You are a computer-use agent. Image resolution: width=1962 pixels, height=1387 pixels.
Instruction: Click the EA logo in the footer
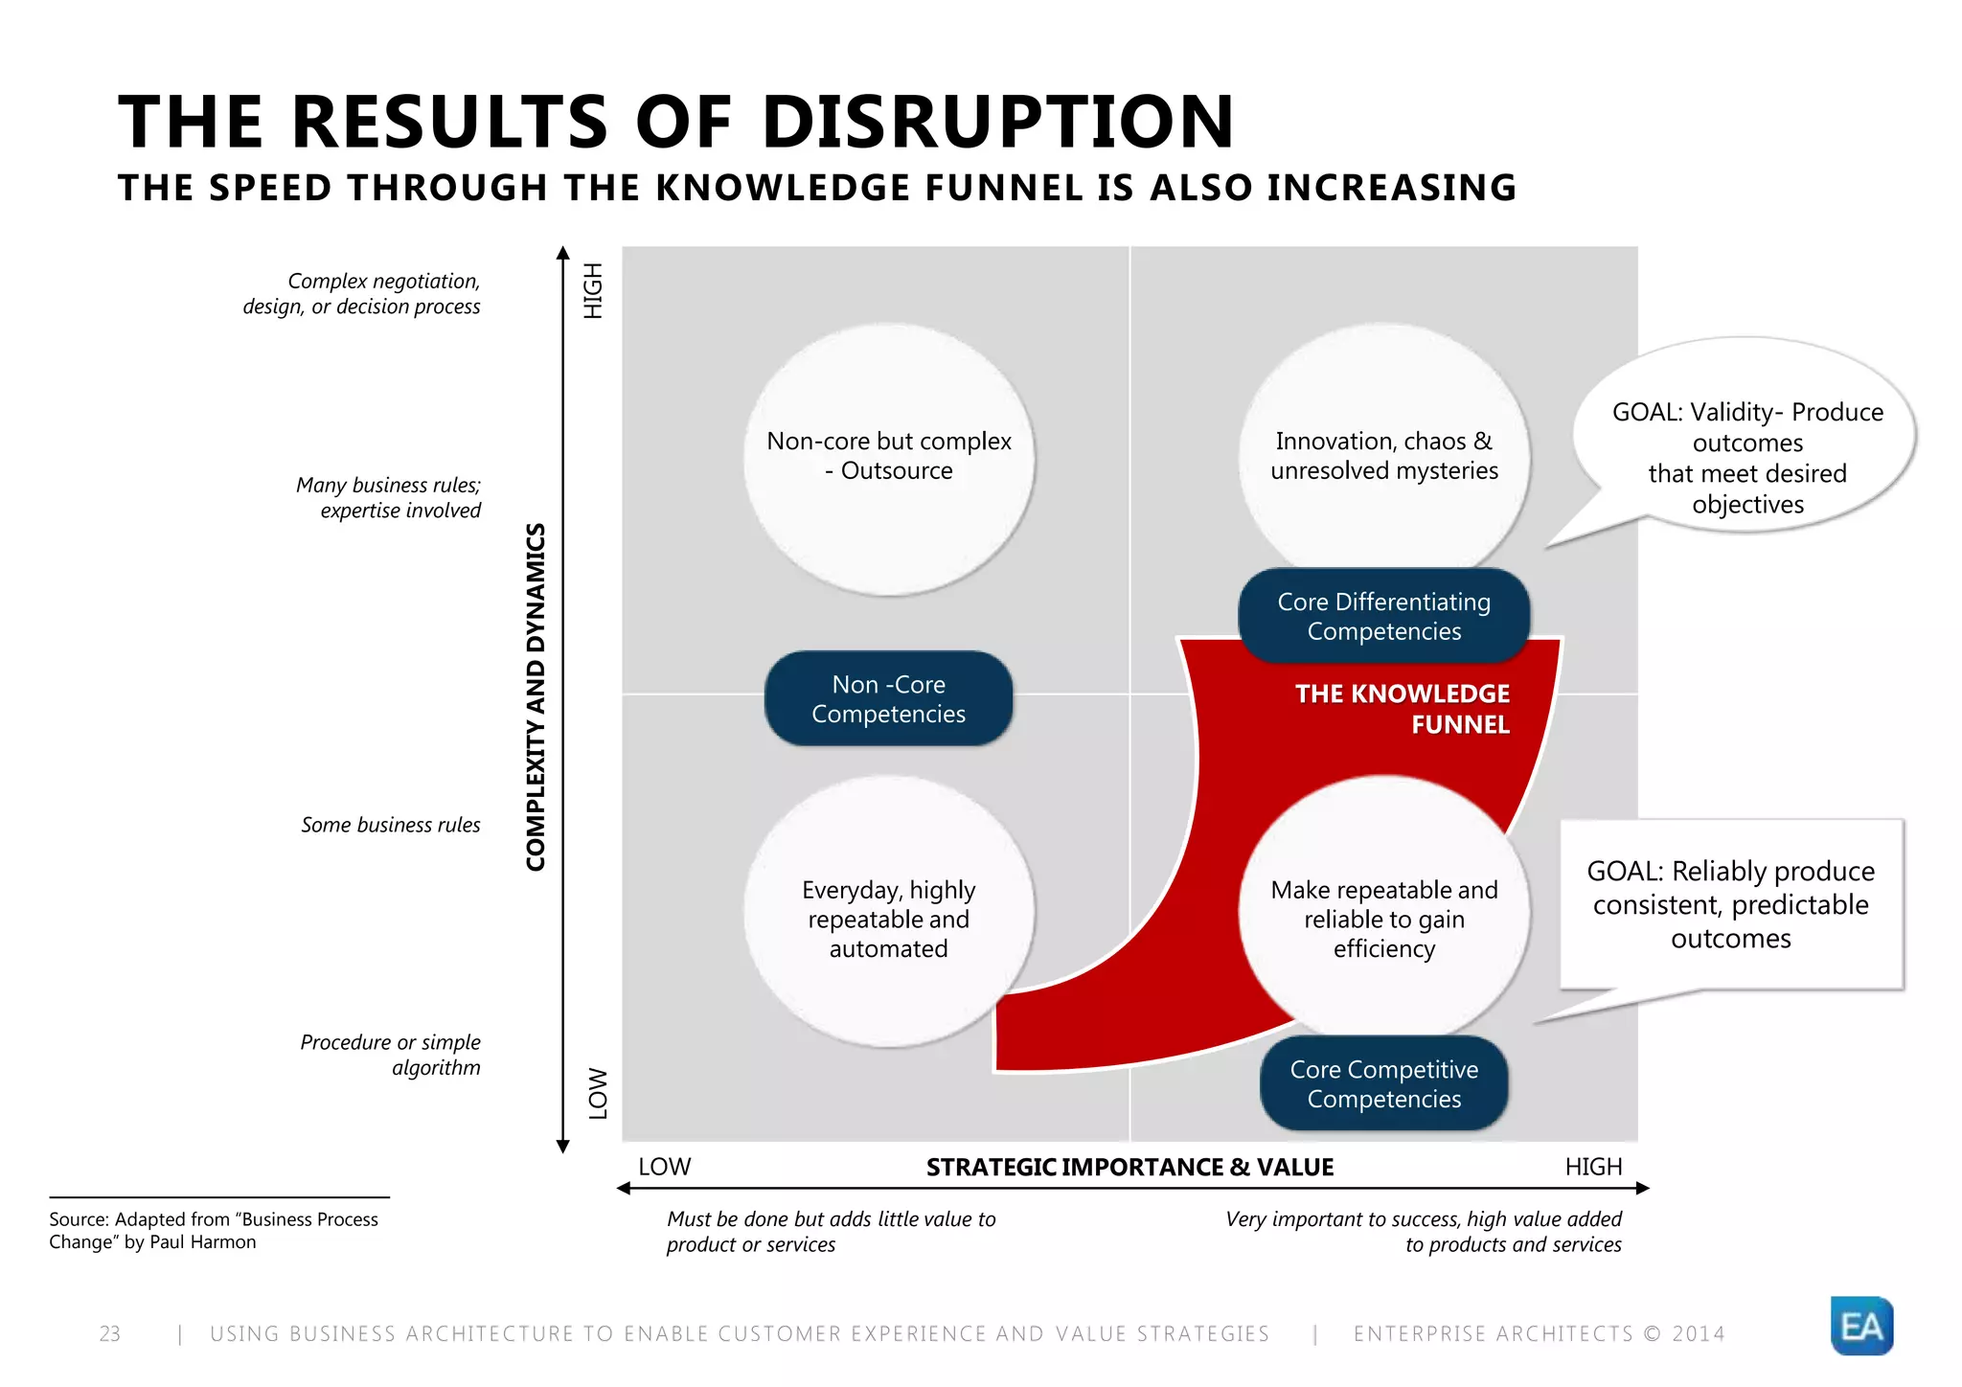(1861, 1326)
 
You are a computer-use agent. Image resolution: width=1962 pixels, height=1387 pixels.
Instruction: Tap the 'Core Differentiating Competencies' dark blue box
(1383, 616)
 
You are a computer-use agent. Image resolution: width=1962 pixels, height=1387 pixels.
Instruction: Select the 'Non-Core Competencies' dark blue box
(888, 698)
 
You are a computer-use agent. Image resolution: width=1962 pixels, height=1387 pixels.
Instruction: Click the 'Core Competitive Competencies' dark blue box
(1383, 1083)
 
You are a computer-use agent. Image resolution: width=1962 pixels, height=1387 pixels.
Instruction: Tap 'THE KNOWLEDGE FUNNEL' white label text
(1402, 708)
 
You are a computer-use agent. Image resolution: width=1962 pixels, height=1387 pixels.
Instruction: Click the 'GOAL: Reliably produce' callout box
(1730, 903)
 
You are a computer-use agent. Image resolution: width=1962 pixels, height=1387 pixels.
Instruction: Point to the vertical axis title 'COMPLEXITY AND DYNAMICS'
(536, 696)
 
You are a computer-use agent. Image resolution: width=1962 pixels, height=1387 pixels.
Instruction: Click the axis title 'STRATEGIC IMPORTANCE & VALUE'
(1129, 1167)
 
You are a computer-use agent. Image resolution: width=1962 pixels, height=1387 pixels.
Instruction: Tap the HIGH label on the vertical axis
(594, 290)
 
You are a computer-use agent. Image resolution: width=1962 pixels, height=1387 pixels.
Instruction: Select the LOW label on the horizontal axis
(664, 1167)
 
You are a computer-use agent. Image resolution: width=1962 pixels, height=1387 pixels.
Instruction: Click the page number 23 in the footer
(110, 1333)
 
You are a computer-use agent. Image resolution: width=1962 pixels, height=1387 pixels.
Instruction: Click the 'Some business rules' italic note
(390, 825)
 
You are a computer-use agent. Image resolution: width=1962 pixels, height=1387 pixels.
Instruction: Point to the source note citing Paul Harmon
(214, 1230)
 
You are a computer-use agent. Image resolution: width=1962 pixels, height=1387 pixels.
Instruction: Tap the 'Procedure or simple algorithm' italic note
(391, 1055)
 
